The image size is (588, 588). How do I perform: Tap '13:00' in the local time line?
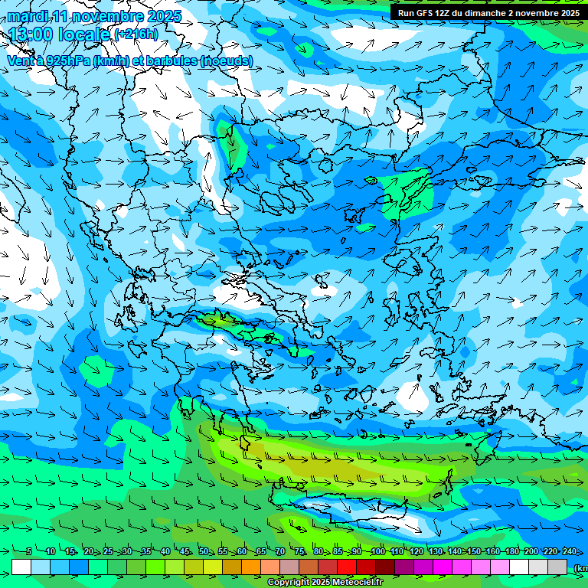[x=31, y=34]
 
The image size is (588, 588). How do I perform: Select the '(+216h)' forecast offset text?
[x=136, y=34]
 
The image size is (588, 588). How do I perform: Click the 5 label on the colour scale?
[x=29, y=552]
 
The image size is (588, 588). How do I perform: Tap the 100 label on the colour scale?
[x=377, y=552]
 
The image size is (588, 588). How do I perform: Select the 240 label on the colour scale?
[x=570, y=552]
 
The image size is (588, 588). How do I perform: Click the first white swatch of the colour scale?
[x=21, y=567]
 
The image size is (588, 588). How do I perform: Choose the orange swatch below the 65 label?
[x=251, y=567]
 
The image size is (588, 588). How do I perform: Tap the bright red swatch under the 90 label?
[x=347, y=567]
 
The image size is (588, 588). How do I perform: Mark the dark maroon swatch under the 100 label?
[x=385, y=567]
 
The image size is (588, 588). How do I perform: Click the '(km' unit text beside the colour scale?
[x=580, y=568]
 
